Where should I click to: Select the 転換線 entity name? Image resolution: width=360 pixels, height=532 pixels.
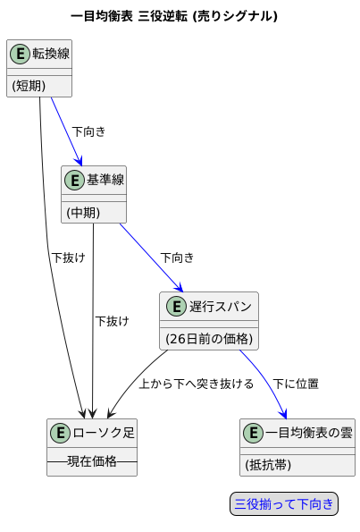click(51, 55)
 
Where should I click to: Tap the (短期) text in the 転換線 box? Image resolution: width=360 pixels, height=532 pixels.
click(29, 85)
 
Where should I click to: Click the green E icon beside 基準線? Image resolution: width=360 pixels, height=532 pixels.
click(74, 181)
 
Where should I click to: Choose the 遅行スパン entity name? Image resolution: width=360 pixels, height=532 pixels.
click(220, 307)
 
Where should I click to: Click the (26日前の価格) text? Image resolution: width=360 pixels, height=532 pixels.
click(210, 339)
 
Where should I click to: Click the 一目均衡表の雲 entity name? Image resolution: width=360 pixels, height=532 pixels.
click(309, 433)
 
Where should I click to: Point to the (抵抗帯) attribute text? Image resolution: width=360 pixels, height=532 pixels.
click(268, 465)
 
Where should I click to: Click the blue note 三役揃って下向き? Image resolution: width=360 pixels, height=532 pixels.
click(284, 504)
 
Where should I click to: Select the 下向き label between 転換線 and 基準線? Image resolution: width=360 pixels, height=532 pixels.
click(88, 131)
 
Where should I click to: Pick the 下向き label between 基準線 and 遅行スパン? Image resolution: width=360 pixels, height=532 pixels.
click(177, 258)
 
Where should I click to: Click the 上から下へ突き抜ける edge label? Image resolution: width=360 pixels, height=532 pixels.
click(197, 384)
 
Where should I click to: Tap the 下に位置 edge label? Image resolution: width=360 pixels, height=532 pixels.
click(296, 384)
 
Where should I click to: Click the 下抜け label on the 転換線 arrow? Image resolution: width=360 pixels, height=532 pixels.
click(68, 258)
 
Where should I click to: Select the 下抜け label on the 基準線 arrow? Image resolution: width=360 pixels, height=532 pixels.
click(113, 321)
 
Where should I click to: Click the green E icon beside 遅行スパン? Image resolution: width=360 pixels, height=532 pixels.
click(174, 307)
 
